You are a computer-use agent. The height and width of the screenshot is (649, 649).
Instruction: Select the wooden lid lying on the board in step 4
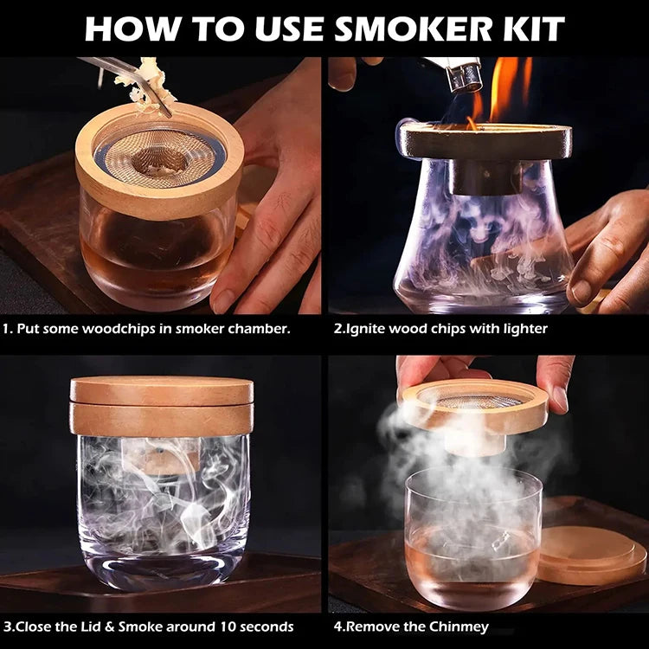click(592, 554)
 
